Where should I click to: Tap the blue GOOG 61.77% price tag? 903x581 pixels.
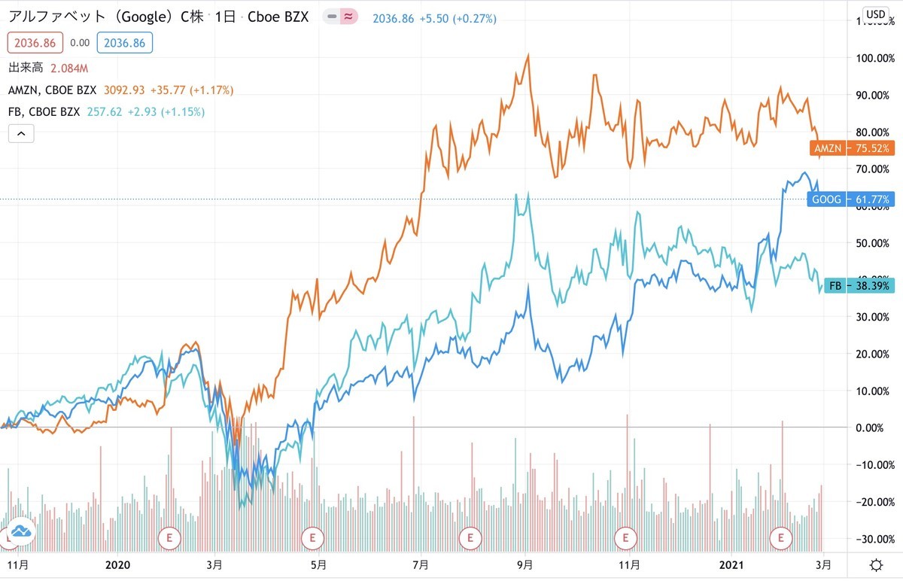click(x=851, y=200)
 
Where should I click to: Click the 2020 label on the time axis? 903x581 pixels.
click(x=119, y=564)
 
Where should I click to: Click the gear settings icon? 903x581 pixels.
click(x=876, y=565)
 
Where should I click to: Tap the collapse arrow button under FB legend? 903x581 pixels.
click(x=21, y=134)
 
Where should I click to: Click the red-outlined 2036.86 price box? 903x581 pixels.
click(x=30, y=43)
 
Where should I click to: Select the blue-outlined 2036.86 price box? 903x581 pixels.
click(x=123, y=43)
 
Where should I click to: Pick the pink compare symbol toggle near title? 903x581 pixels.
click(x=348, y=17)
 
